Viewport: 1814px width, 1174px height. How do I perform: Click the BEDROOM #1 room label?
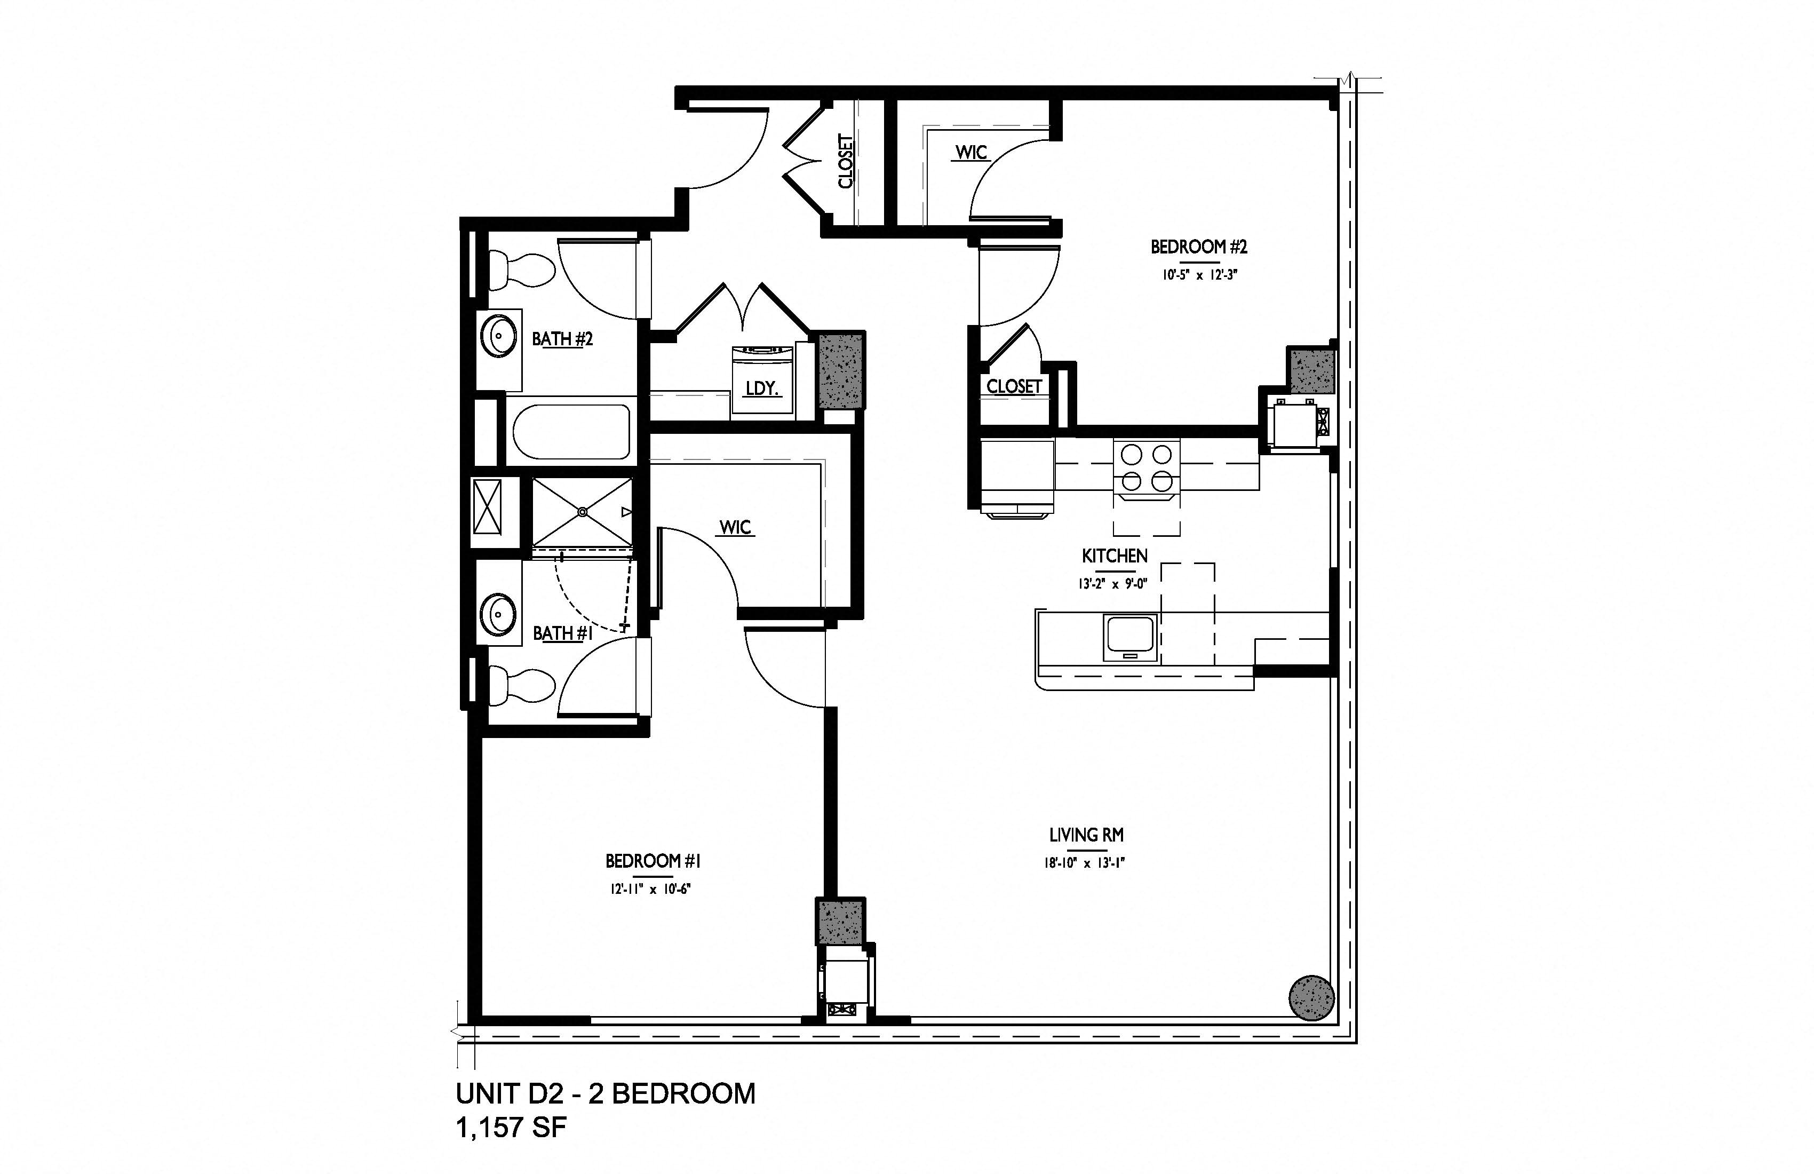653,861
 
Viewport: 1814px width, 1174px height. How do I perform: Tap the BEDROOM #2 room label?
1199,247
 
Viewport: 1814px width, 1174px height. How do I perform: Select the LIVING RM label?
1086,835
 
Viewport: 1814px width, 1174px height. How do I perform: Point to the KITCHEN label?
1115,556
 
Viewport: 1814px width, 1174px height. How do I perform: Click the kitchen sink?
1131,637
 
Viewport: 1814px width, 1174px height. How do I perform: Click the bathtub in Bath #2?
571,431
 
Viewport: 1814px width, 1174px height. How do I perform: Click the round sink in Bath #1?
499,612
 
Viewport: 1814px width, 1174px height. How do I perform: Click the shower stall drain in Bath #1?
582,512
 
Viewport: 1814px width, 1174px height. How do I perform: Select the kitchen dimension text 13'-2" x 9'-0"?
1113,584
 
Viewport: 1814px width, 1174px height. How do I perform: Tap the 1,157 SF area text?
512,1127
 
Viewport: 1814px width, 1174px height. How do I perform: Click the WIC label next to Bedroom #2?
971,153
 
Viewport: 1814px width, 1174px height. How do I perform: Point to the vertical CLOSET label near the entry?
845,162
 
